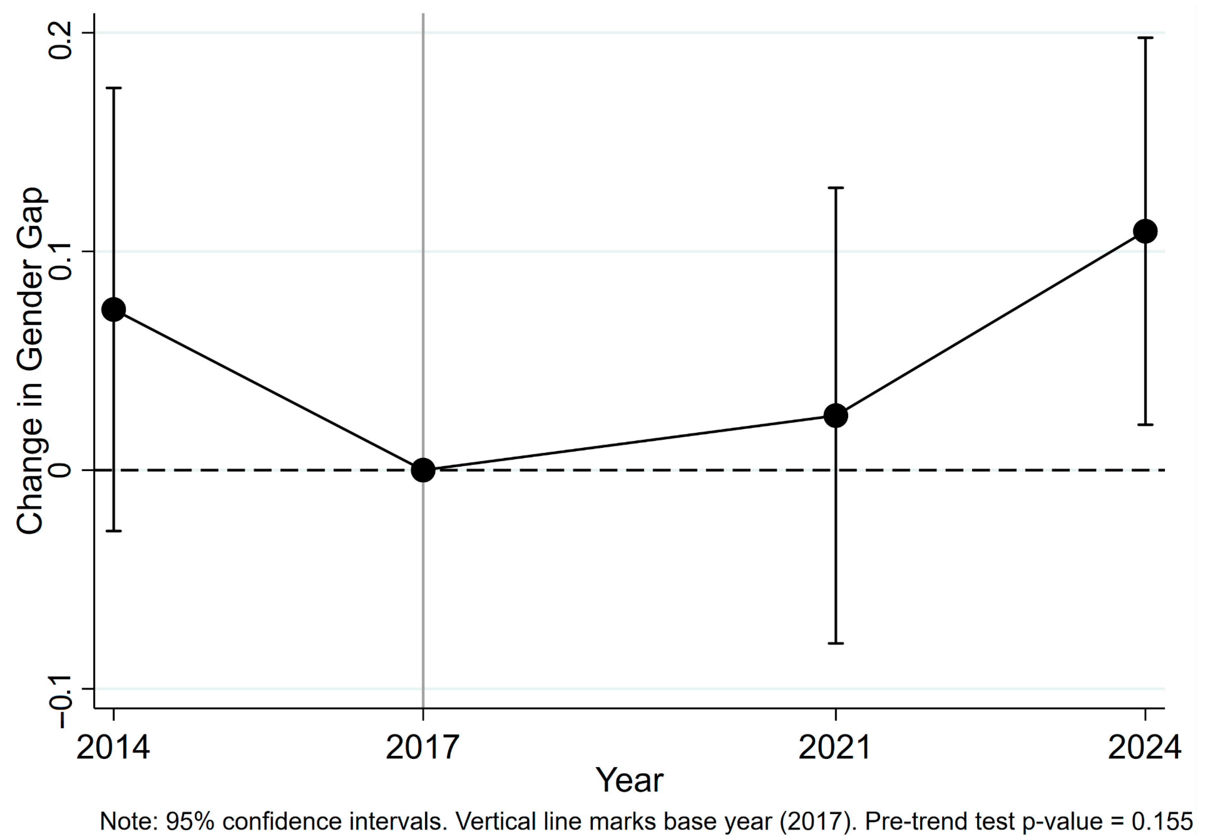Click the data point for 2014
[x=114, y=310]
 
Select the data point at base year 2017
[x=423, y=470]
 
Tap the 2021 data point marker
[x=836, y=415]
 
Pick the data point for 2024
[x=1145, y=231]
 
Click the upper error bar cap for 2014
[x=114, y=88]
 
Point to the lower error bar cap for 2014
[x=114, y=531]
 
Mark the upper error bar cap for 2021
[x=836, y=187]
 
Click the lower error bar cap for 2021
[x=836, y=643]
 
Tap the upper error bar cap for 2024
[x=1145, y=38]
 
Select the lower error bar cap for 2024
[x=1145, y=424]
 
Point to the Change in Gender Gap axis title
[x=30, y=361]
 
